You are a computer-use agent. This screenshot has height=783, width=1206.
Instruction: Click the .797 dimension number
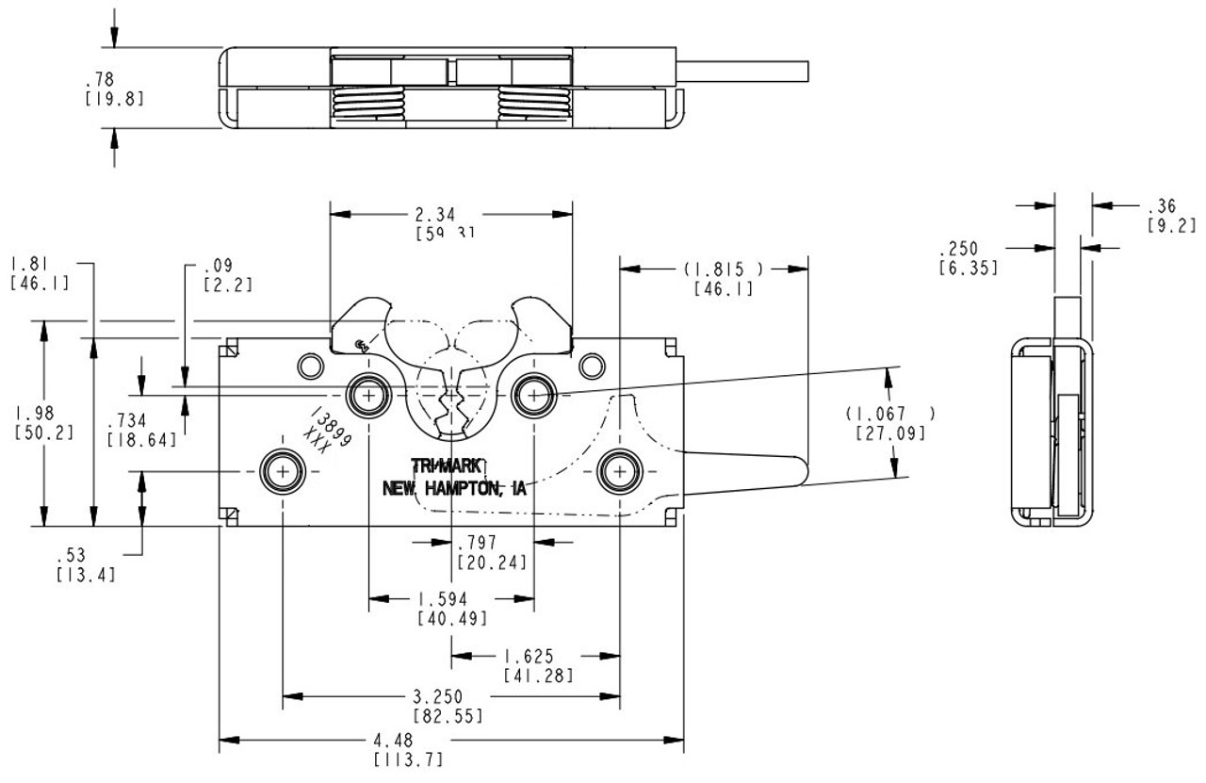(x=490, y=543)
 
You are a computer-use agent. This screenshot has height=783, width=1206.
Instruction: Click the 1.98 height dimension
(x=36, y=413)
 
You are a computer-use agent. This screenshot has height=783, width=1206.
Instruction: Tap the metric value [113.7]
(x=408, y=759)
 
